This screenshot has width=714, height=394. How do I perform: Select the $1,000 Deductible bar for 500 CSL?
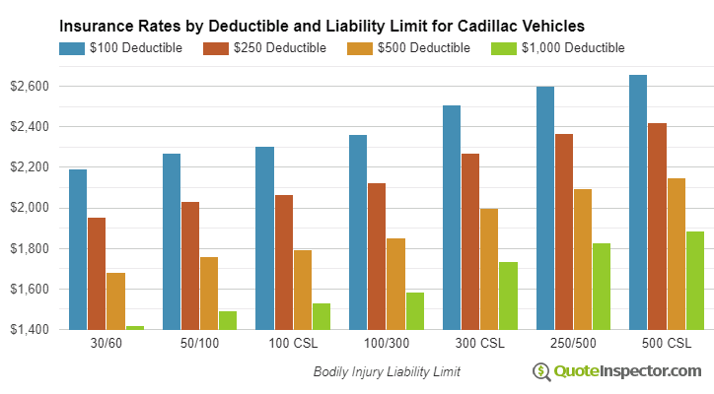(x=694, y=280)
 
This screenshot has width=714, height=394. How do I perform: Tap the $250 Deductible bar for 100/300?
(x=377, y=256)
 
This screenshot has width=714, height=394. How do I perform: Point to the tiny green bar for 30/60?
(x=134, y=327)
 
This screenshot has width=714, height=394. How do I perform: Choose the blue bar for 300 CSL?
(x=452, y=217)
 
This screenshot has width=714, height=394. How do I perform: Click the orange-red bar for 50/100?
(x=190, y=265)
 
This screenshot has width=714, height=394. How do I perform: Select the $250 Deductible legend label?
(x=281, y=47)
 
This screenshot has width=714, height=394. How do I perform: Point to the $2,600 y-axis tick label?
(x=29, y=87)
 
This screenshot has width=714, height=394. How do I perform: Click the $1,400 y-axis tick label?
(x=29, y=329)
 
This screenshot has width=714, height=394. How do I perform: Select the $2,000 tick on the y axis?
(x=29, y=208)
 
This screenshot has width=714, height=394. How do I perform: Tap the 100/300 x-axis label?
(x=386, y=344)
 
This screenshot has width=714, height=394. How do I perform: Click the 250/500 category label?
(x=573, y=344)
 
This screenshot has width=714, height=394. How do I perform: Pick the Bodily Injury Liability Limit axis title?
(x=387, y=372)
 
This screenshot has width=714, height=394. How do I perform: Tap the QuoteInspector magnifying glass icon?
(x=542, y=371)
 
